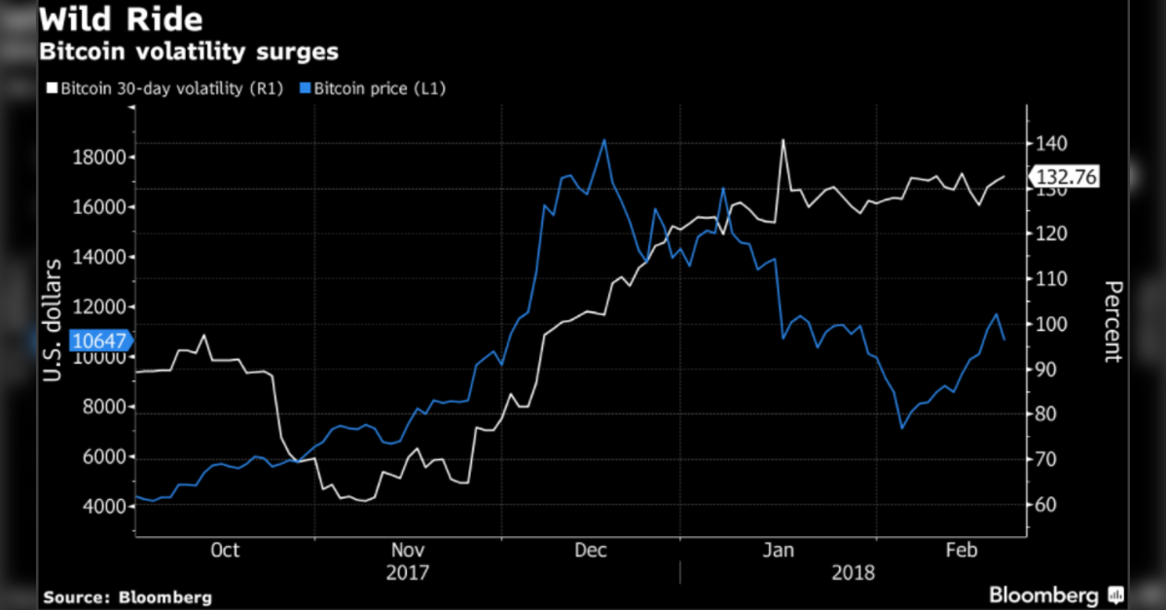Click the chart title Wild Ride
[121, 19]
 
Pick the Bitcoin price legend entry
[380, 89]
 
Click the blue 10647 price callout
[99, 341]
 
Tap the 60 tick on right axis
[1046, 505]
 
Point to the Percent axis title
[1113, 321]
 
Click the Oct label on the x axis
[225, 550]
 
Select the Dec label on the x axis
[590, 550]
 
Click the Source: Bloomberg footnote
[128, 596]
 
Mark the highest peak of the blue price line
[604, 140]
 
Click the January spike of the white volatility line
[782, 141]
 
